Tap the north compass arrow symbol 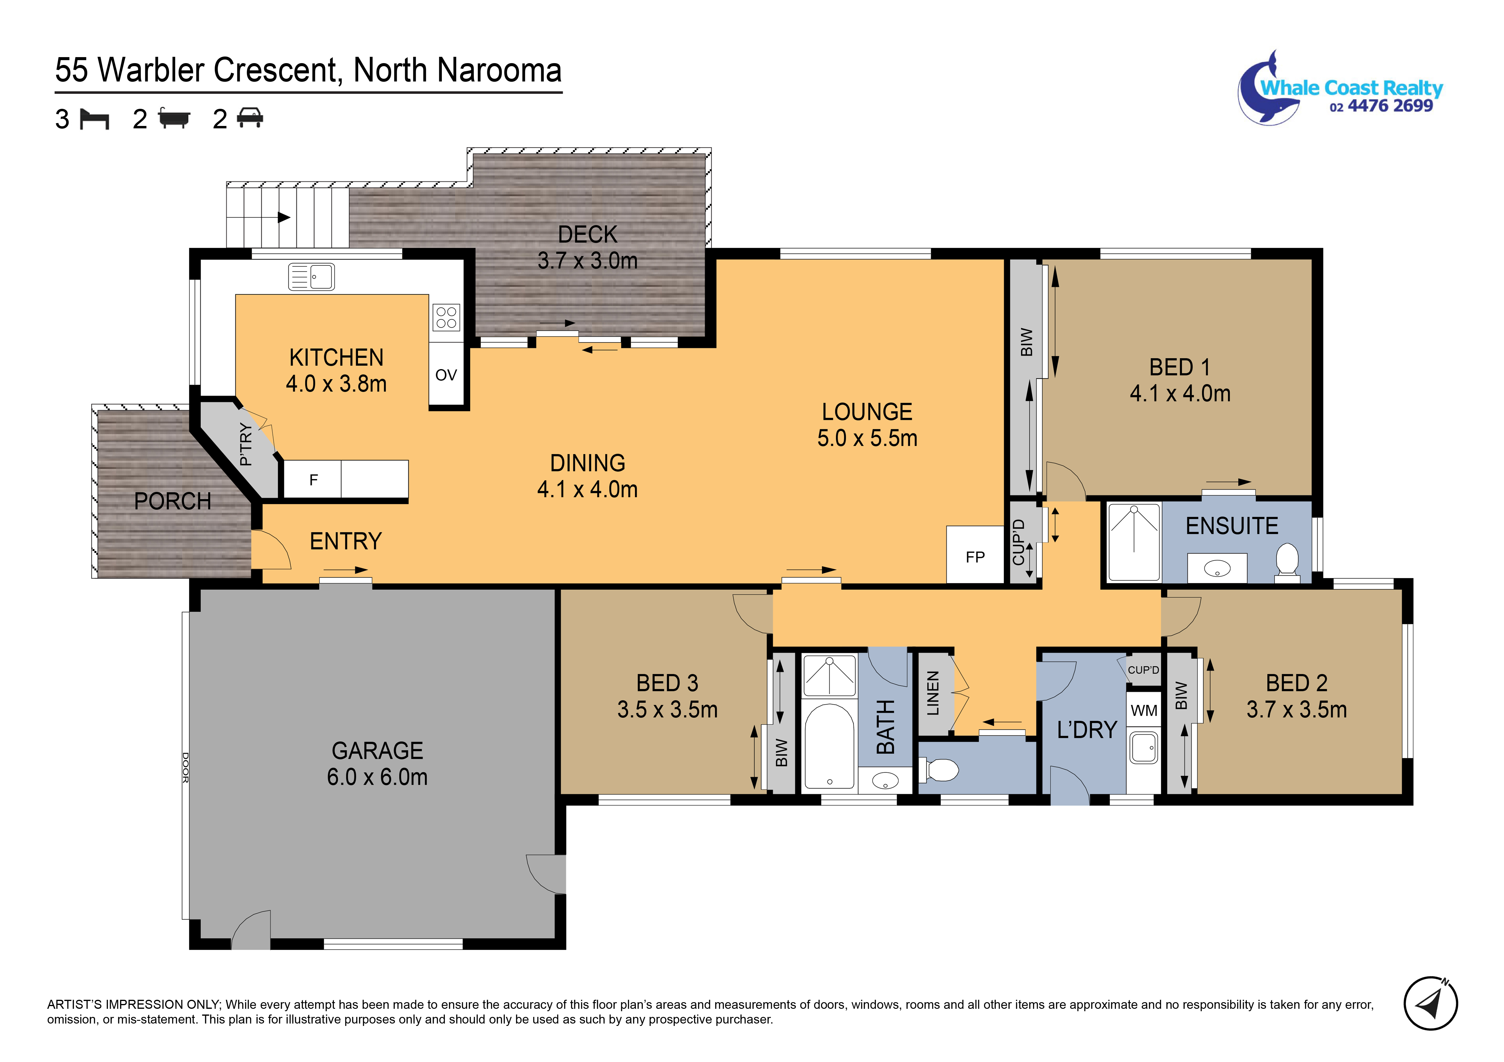[x=1430, y=1003]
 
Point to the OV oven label [x=446, y=375]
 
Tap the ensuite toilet [x=1287, y=562]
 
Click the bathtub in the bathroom [x=829, y=746]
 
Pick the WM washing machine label [x=1144, y=710]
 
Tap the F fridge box [x=313, y=480]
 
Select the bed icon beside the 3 [x=94, y=119]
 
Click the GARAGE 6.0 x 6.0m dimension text [x=377, y=777]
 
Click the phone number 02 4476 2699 [x=1381, y=106]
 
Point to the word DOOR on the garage [x=185, y=767]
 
